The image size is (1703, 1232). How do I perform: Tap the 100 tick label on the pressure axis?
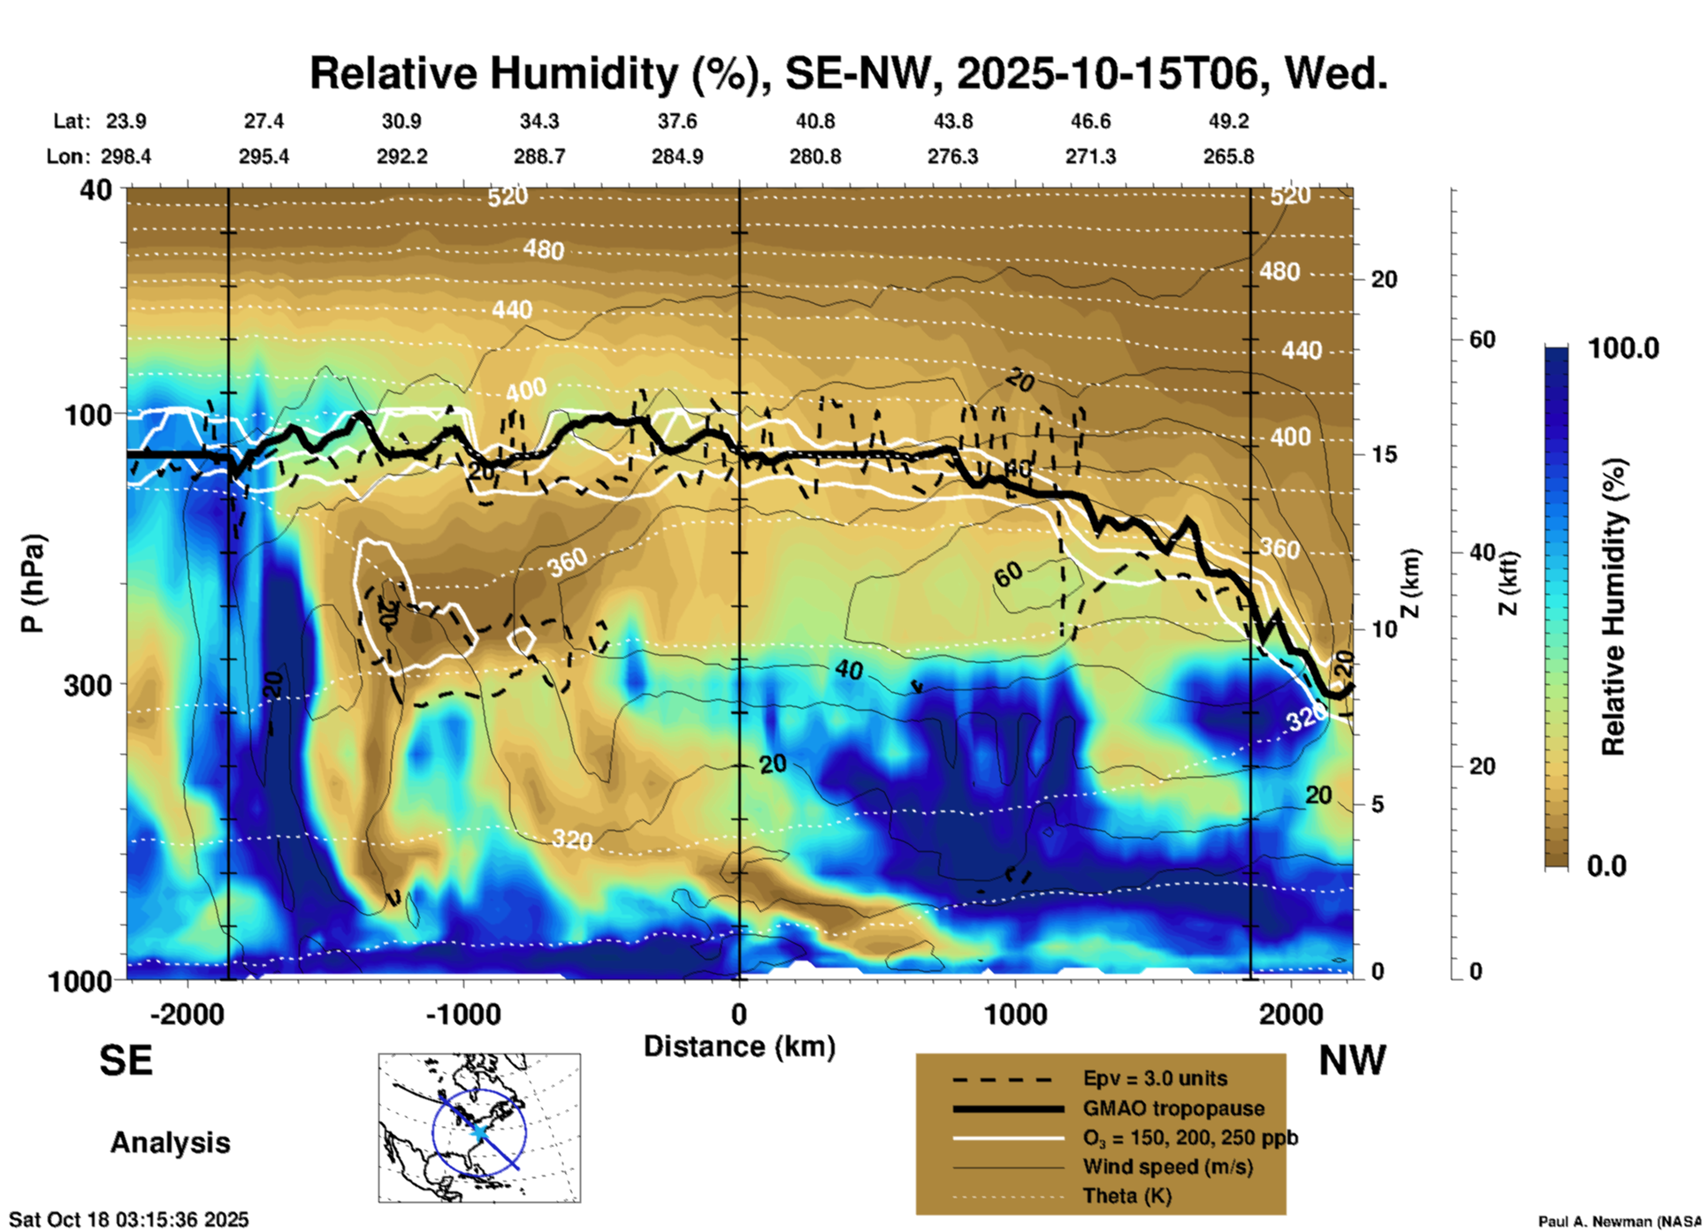(x=88, y=414)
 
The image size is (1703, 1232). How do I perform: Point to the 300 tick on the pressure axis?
(x=88, y=685)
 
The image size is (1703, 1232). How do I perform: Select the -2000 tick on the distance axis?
(x=187, y=1014)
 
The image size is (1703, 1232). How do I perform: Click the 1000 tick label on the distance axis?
(x=1015, y=1014)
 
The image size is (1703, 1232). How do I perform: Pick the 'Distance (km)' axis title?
(x=739, y=1046)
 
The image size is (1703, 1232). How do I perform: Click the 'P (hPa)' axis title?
(x=33, y=583)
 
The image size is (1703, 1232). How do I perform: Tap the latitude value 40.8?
(x=814, y=121)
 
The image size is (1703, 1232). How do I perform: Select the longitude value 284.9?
(x=677, y=156)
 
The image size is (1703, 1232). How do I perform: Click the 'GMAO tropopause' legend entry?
(x=1173, y=1108)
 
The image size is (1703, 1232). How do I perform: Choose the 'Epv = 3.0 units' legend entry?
(x=1155, y=1078)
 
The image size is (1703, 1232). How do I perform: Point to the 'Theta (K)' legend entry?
(x=1126, y=1196)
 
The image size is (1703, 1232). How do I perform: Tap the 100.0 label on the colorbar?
(x=1623, y=348)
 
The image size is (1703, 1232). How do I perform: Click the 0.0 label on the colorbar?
(x=1607, y=865)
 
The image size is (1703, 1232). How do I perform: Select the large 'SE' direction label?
(x=126, y=1061)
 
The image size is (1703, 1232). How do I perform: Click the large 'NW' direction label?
(x=1352, y=1061)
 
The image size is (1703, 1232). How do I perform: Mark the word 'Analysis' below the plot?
(x=170, y=1143)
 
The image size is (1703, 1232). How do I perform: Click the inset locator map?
(x=479, y=1127)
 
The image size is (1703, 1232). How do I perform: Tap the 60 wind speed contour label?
(x=1008, y=575)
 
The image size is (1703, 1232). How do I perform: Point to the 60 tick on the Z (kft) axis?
(x=1483, y=339)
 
